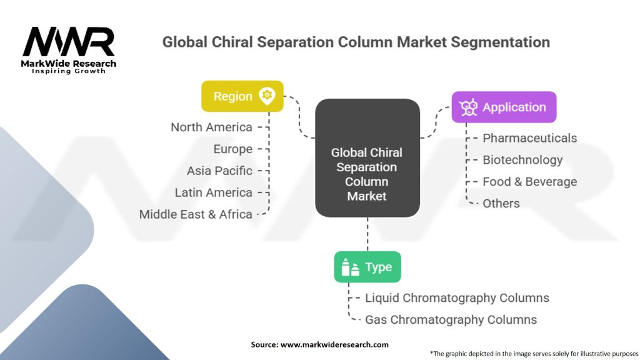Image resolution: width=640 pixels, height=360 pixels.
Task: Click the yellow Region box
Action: (242, 96)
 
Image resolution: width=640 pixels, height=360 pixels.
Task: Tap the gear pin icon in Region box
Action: (267, 96)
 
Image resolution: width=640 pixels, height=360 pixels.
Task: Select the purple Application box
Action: (504, 107)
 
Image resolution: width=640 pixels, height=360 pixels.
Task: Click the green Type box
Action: (367, 267)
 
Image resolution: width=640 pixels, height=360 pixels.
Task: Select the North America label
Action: (212, 127)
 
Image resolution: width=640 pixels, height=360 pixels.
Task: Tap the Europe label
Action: (233, 149)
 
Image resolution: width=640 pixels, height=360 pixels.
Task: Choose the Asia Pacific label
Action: (219, 171)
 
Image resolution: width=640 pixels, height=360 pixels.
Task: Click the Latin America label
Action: (213, 192)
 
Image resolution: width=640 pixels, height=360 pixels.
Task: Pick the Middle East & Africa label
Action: (196, 214)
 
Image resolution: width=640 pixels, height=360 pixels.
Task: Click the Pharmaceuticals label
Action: (529, 138)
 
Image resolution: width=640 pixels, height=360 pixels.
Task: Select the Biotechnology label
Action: (522, 160)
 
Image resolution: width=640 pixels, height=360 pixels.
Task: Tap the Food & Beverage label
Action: (529, 182)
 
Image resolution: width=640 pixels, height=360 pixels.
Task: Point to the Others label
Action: (501, 204)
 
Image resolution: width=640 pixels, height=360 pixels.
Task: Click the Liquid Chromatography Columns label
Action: (457, 298)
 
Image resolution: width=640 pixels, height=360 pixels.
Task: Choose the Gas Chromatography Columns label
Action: (451, 320)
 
